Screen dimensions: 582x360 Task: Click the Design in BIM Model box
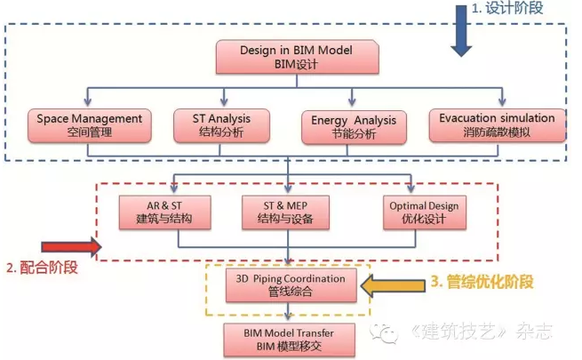coord(298,57)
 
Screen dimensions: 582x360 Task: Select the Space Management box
coord(90,125)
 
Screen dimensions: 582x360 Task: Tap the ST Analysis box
coord(221,125)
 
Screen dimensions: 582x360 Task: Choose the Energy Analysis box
coord(354,127)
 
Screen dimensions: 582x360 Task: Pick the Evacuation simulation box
coord(497,125)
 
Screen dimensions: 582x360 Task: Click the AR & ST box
coord(164,212)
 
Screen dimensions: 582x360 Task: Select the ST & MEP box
coord(285,212)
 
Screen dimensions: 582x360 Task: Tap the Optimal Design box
coord(425,212)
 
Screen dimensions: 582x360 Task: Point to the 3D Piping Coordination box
coord(291,285)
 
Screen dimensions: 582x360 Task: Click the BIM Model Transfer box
coord(289,340)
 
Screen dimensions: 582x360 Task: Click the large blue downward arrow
coord(461,30)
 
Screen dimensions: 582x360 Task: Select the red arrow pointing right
coord(71,247)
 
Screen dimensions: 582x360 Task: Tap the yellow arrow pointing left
coord(393,285)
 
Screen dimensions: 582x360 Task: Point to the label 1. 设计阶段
coord(507,8)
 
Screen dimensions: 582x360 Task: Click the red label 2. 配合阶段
coord(42,268)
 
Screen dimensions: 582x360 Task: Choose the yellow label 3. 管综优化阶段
coord(482,282)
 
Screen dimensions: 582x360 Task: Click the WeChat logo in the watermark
coord(384,332)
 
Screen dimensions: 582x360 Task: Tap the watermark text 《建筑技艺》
coord(459,331)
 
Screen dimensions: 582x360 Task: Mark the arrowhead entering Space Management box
coord(88,101)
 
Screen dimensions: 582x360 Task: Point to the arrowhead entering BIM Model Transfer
coord(288,316)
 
